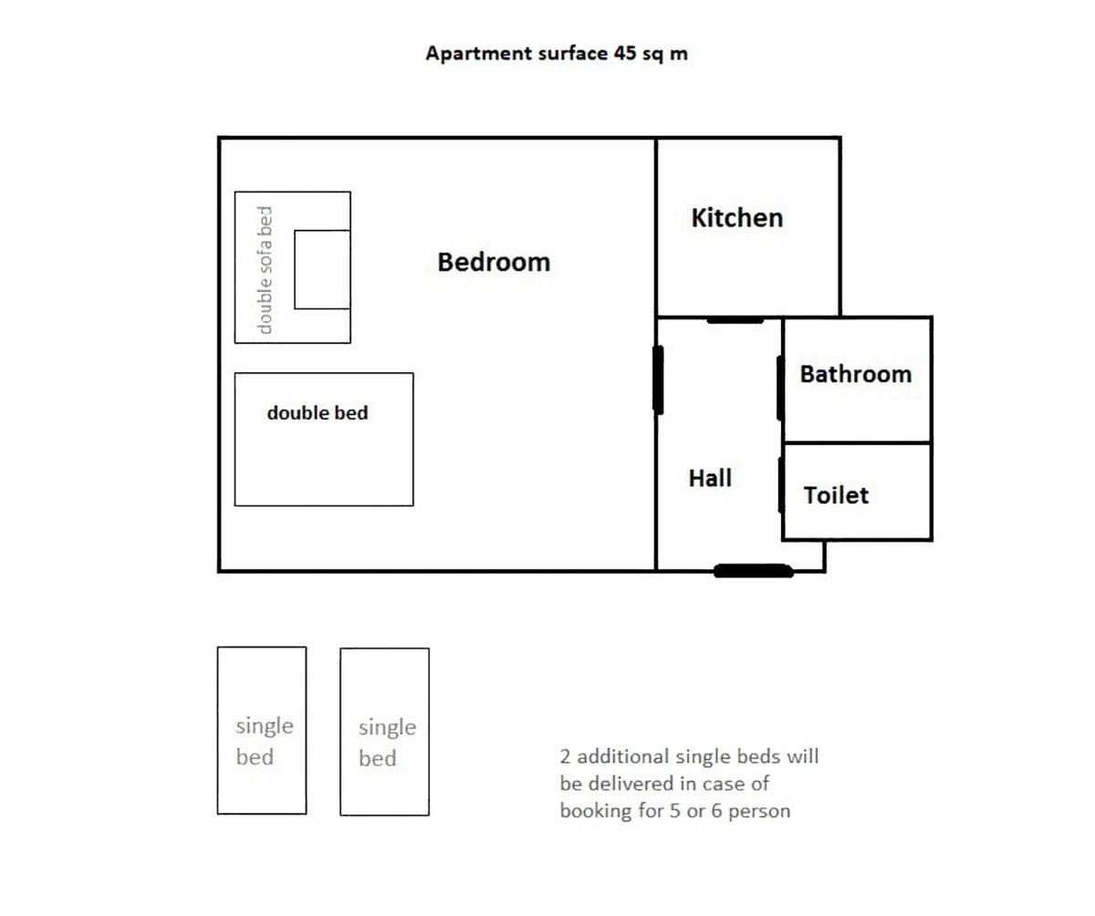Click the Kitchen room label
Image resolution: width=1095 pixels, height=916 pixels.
pos(736,218)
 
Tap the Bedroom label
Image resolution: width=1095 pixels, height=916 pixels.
pos(494,262)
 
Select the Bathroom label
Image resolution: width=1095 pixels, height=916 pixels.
pos(855,374)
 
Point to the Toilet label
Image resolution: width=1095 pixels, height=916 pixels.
pos(836,495)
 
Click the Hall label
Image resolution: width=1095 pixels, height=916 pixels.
pos(710,478)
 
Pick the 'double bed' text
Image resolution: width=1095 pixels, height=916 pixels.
pos(318,412)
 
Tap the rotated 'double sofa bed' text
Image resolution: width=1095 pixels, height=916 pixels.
pos(265,269)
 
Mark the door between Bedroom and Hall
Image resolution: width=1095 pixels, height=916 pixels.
pos(658,380)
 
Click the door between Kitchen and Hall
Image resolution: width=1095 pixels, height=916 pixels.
pos(735,319)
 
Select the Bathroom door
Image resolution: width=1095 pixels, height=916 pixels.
pos(780,388)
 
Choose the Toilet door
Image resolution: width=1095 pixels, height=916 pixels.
pos(781,484)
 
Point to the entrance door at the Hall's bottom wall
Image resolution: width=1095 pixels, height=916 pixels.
pos(753,570)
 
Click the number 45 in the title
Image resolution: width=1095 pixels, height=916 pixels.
pos(624,53)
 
